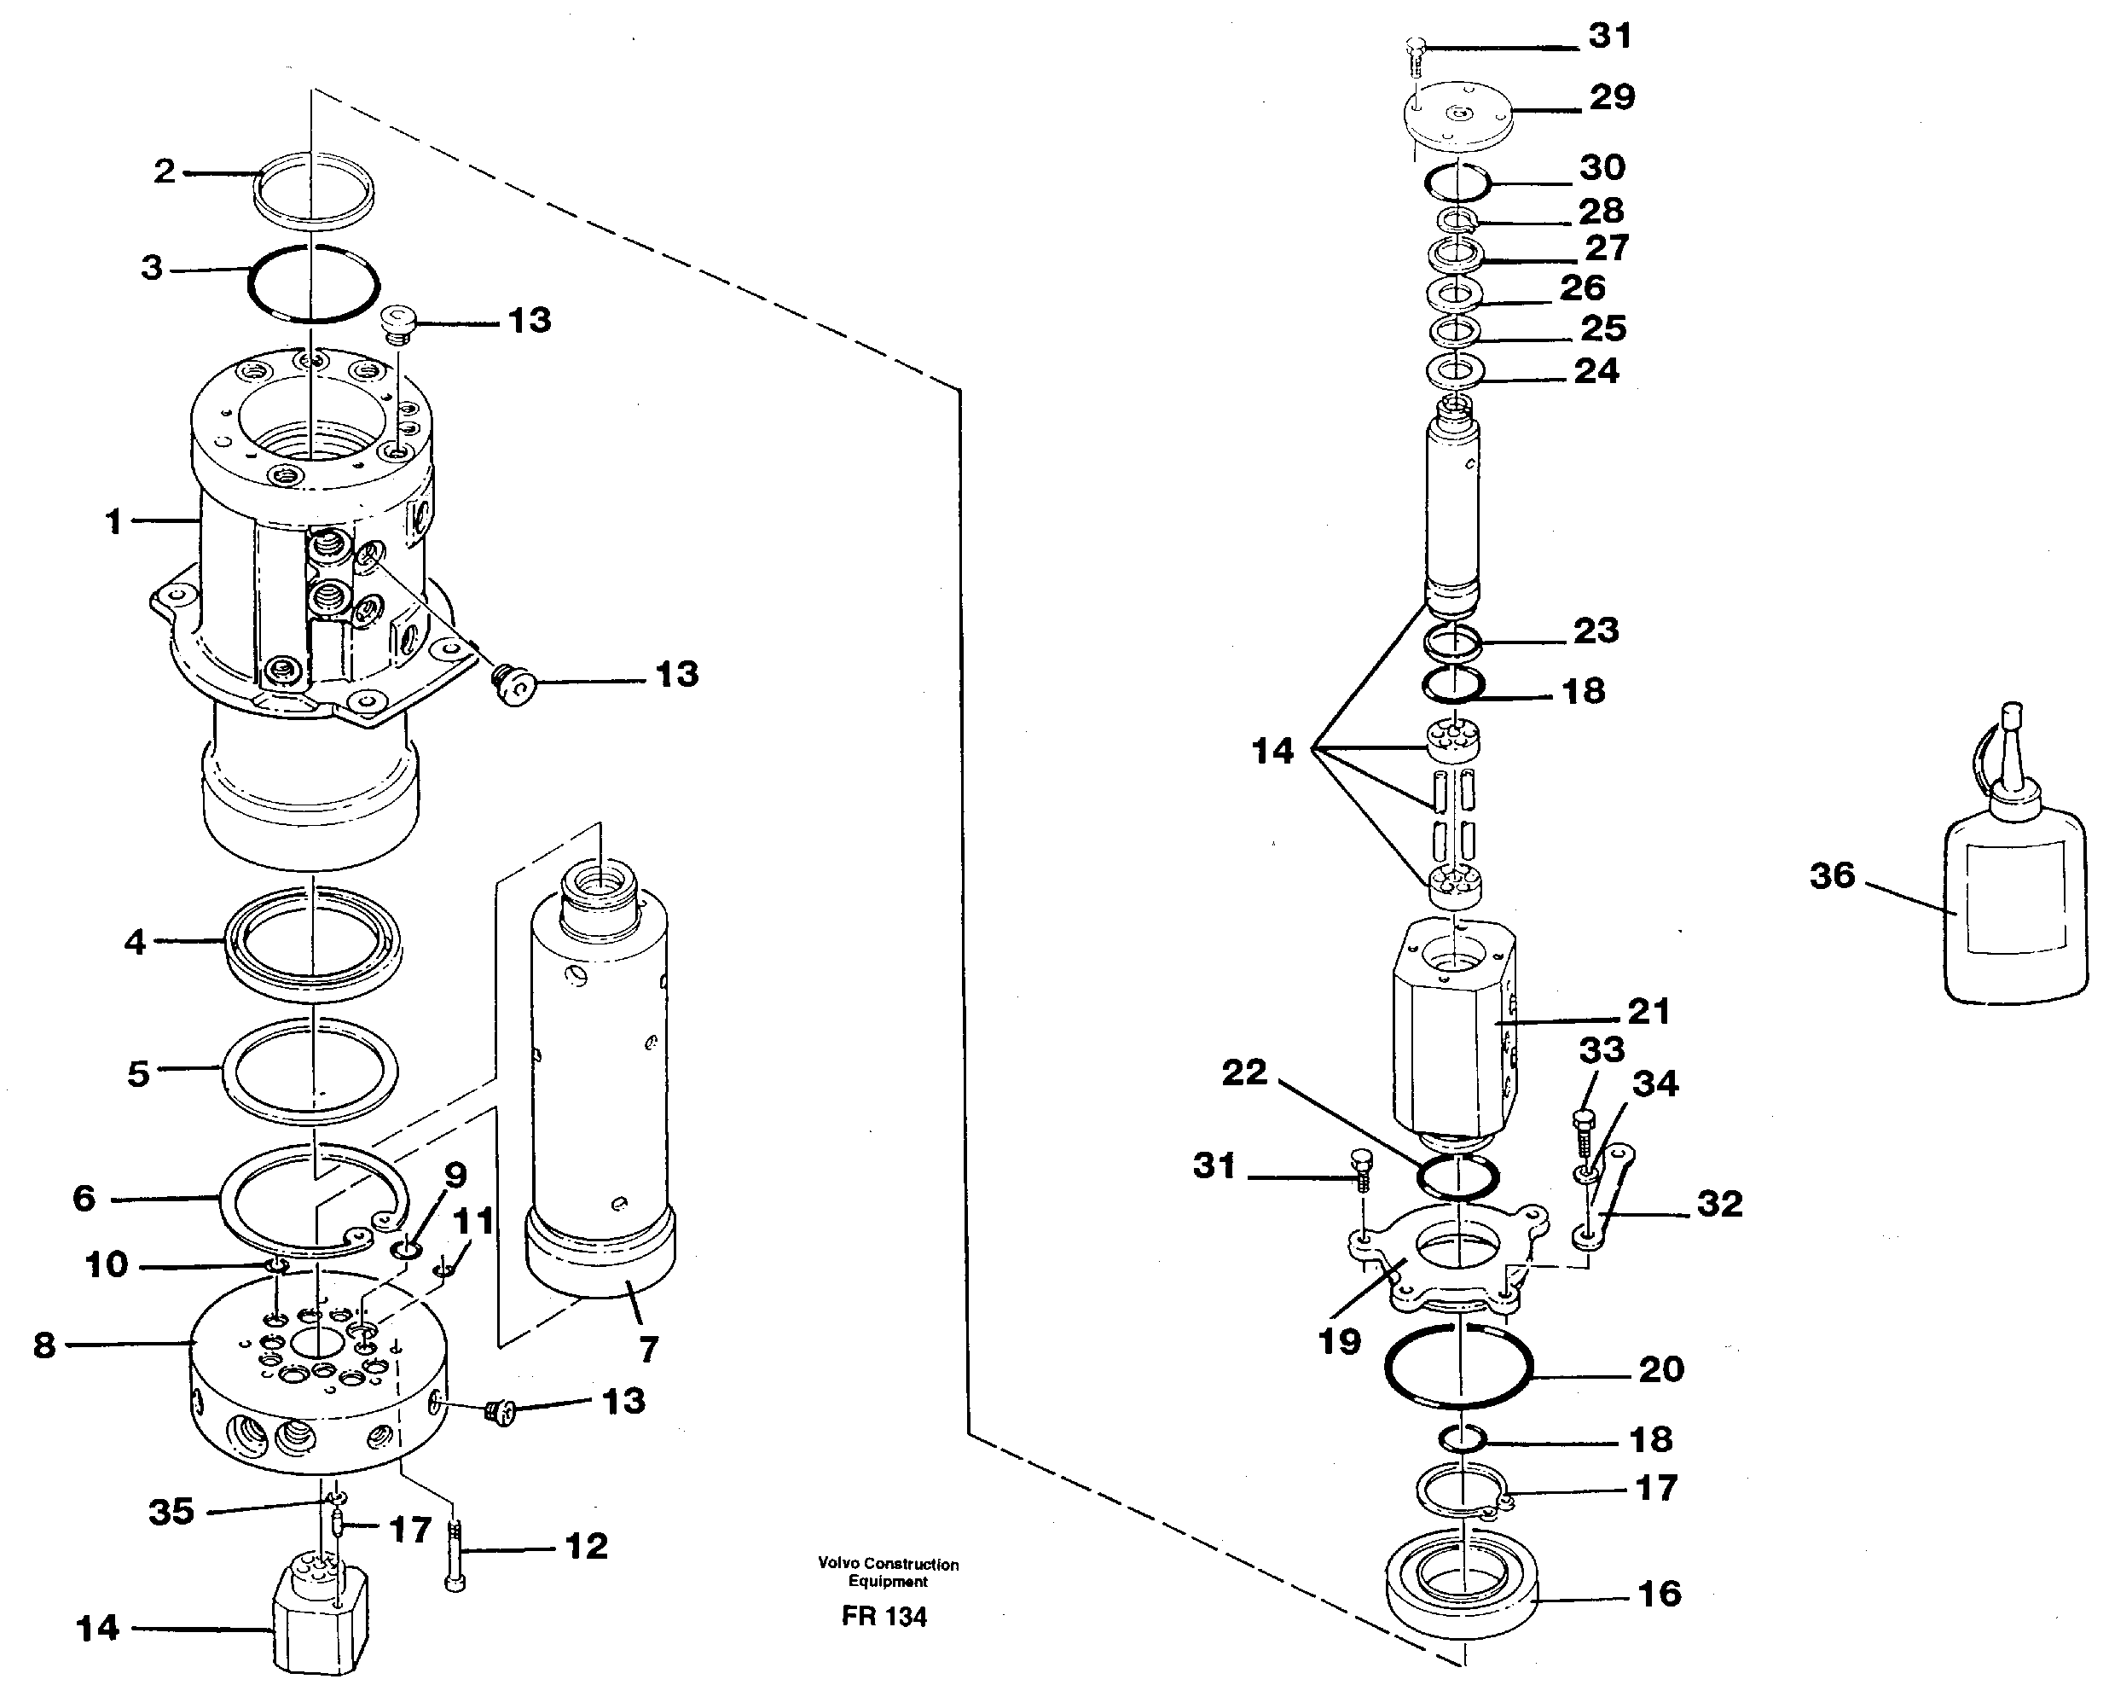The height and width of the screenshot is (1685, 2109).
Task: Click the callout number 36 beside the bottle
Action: (1831, 874)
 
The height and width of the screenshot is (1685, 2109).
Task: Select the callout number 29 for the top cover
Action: (1611, 97)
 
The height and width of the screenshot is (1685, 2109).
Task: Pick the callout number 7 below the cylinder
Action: (647, 1350)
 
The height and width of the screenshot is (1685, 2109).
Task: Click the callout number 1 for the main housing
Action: (113, 521)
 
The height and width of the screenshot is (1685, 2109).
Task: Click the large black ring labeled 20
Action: (1457, 1370)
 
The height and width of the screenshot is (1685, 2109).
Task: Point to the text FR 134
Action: (884, 1617)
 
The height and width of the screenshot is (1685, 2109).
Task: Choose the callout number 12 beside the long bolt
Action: (586, 1546)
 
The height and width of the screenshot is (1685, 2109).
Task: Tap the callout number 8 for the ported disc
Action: (45, 1345)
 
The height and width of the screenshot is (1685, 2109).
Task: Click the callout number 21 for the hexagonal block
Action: (1648, 1011)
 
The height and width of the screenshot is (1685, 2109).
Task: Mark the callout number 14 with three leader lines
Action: (1272, 751)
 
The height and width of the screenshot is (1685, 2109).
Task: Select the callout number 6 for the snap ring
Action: (84, 1198)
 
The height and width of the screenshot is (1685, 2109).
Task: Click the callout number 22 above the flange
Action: (1243, 1072)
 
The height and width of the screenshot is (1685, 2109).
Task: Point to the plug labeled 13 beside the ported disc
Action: (500, 1410)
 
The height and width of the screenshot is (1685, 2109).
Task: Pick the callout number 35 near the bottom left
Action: (171, 1512)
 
